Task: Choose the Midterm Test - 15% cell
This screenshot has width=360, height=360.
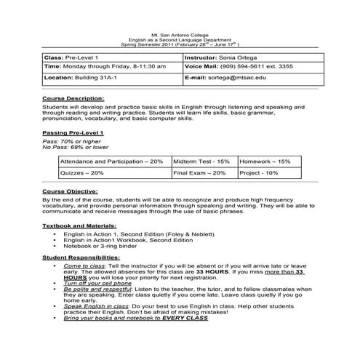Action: (201, 161)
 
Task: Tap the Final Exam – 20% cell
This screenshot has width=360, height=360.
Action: (201, 174)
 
